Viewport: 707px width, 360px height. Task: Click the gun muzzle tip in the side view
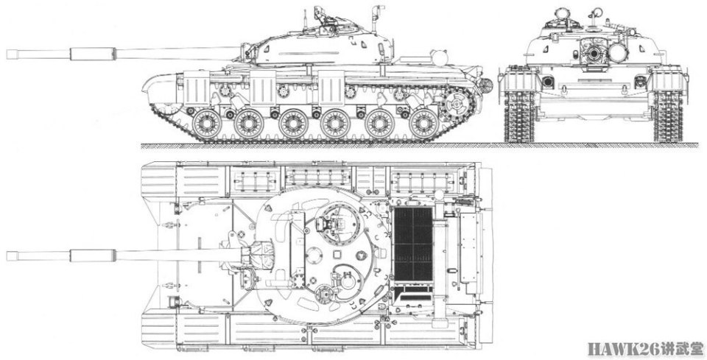(8, 54)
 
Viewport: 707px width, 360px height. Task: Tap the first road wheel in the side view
(207, 124)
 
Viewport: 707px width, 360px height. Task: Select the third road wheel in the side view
(293, 124)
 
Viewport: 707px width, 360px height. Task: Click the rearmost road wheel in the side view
(424, 124)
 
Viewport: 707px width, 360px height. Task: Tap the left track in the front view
(519, 116)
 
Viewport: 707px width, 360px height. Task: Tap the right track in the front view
(668, 116)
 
